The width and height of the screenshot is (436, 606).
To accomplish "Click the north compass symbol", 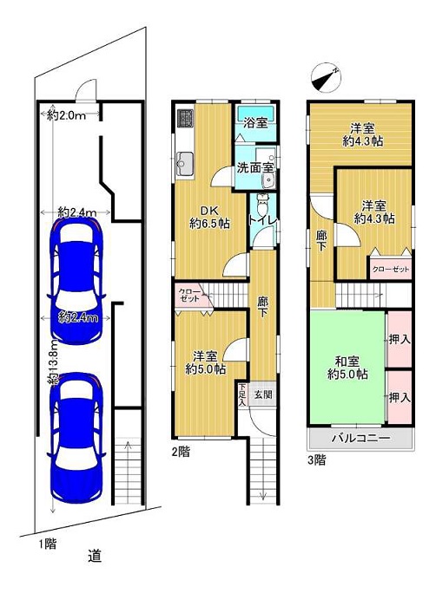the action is [x=326, y=77].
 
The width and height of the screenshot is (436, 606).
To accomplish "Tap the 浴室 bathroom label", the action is [x=255, y=123].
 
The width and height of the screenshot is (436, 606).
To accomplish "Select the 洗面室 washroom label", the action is [x=255, y=167].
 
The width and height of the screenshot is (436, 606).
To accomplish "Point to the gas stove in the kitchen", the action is [x=185, y=118].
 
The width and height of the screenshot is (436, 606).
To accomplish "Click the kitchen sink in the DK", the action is [x=185, y=164].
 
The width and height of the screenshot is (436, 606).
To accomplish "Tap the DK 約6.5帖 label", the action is [x=209, y=218].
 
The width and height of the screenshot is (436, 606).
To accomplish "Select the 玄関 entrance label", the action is [x=263, y=394].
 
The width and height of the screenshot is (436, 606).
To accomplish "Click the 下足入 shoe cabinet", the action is [x=242, y=394].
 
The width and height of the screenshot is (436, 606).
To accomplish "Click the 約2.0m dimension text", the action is [x=67, y=114].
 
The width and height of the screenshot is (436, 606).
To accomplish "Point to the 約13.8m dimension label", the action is [x=54, y=362].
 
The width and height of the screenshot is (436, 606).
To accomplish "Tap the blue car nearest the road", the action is [x=76, y=438].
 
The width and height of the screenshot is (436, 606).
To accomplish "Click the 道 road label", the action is [x=95, y=556].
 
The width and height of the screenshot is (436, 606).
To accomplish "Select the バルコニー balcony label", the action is [x=360, y=438].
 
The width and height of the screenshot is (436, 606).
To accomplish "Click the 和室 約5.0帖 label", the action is [x=347, y=368].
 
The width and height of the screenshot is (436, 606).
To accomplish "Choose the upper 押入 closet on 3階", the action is [x=400, y=339].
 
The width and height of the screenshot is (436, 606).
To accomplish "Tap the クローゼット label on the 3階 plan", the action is [x=391, y=270].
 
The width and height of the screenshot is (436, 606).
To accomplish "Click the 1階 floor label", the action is [x=48, y=544].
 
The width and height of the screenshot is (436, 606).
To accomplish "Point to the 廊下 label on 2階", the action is [x=262, y=307].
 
